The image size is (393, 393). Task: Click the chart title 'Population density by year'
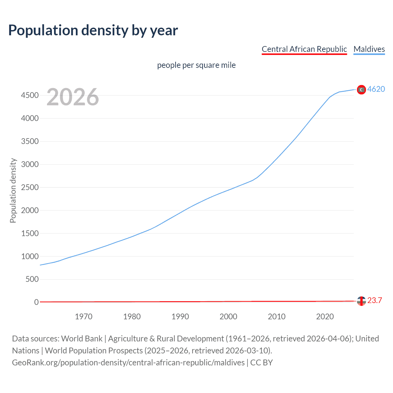93,30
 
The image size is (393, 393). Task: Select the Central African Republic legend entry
304,49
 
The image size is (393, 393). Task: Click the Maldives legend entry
369,49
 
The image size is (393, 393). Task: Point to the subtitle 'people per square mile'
196,65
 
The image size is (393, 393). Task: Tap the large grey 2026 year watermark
73,97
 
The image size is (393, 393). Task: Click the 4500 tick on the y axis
30,95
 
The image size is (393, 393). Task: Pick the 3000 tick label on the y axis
30,165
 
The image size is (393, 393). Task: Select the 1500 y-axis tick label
30,233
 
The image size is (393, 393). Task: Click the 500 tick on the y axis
32,279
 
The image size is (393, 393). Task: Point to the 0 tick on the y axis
37,302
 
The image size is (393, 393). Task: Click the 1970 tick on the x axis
84,317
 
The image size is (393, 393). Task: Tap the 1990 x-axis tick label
180,317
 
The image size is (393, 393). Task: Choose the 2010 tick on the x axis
277,317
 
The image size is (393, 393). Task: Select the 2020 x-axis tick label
325,317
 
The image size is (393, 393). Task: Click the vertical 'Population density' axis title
13,190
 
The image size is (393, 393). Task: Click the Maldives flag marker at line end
361,90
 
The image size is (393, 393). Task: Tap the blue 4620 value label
376,89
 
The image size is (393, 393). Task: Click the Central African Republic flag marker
361,301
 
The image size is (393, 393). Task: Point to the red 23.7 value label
375,300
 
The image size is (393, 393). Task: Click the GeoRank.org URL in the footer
128,363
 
